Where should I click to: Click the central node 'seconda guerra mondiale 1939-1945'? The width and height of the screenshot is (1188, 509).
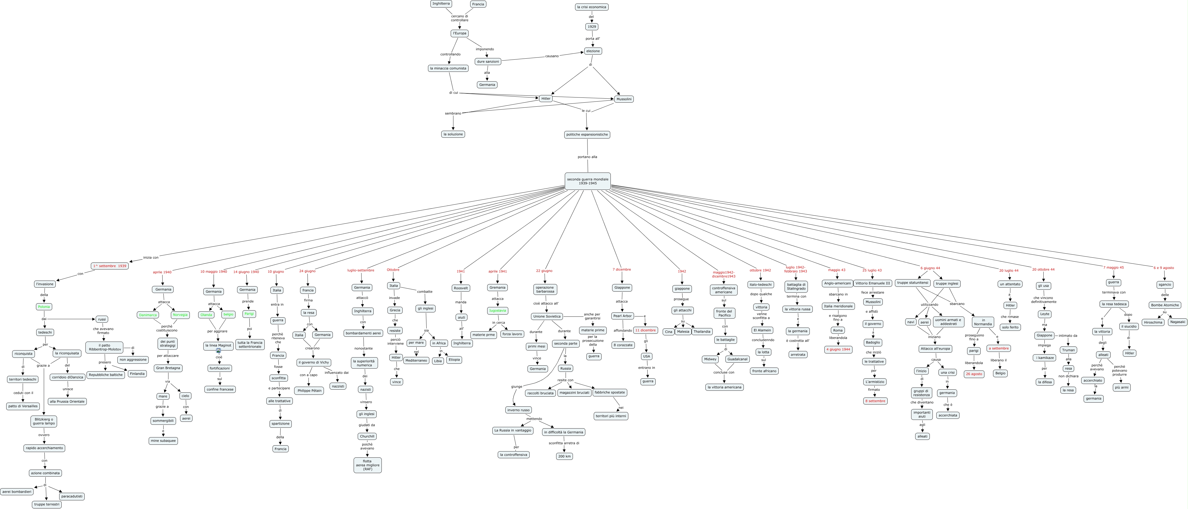point(588,181)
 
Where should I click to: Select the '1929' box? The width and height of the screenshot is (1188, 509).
point(592,27)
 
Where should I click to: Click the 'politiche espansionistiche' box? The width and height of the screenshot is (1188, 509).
point(587,134)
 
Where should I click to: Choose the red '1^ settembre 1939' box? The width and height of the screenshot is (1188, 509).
point(110,266)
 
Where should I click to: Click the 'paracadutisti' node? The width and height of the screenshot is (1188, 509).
point(72,496)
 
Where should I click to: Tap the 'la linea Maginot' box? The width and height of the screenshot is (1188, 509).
point(218,345)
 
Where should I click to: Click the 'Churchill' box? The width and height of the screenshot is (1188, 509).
point(367,436)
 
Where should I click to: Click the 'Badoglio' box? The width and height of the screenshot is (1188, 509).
point(872,342)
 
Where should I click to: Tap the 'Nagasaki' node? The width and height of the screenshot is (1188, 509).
point(1177,322)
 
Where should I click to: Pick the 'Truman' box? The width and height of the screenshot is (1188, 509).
point(1068,350)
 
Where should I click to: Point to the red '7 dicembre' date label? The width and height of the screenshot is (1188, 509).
point(622,269)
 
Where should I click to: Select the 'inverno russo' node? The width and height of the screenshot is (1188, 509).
point(518,410)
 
